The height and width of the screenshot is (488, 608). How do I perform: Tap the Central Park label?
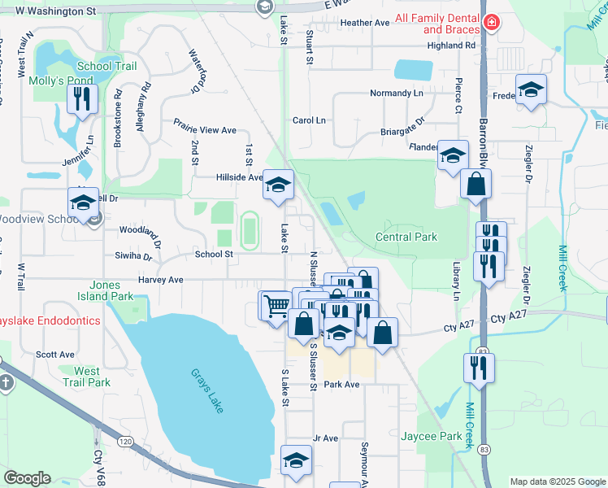[x=406, y=237]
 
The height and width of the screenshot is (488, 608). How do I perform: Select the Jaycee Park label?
[x=431, y=437]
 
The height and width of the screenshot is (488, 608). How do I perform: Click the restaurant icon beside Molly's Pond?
[x=83, y=98]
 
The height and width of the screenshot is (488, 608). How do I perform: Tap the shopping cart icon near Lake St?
[x=276, y=305]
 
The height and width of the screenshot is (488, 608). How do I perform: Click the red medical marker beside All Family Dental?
[x=490, y=22]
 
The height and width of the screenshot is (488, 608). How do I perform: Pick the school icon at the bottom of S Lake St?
[x=297, y=460]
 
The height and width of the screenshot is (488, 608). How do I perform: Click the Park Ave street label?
[x=341, y=384]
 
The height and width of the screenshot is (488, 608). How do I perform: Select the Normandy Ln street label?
[x=397, y=94]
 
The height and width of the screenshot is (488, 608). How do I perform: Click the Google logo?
[x=27, y=478]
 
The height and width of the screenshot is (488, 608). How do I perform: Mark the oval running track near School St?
[x=249, y=229]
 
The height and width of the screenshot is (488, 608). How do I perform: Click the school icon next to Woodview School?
[x=83, y=203]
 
